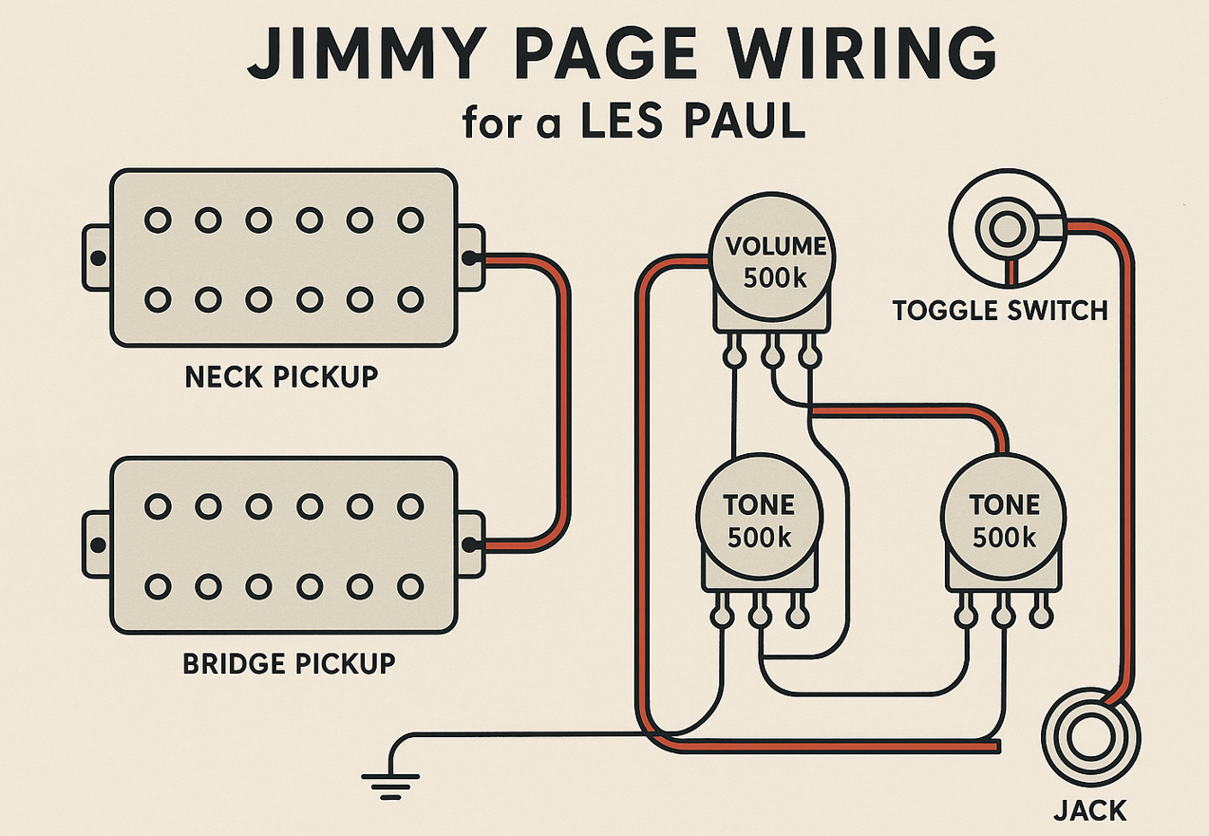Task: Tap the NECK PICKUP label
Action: [x=281, y=376]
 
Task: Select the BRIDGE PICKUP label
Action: [x=288, y=662]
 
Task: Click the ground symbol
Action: [x=389, y=781]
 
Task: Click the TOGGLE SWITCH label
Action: [x=1000, y=310]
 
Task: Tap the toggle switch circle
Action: [x=1008, y=230]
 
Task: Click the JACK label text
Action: [x=1089, y=810]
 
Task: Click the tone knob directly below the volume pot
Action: [x=759, y=519]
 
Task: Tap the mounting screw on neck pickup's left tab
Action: [x=97, y=257]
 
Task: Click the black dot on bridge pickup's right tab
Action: [x=467, y=544]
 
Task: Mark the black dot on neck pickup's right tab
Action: [x=467, y=256]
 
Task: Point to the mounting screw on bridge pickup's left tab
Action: [x=97, y=544]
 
